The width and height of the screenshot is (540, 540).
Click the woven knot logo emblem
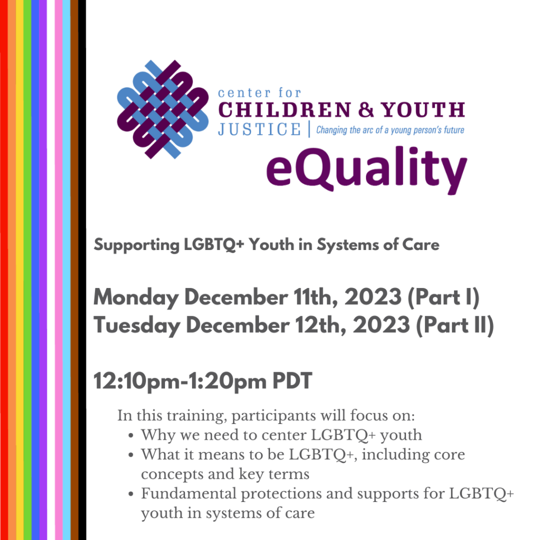click(162, 109)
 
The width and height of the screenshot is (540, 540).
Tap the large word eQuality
click(367, 170)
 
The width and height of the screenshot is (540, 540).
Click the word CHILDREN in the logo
click(284, 110)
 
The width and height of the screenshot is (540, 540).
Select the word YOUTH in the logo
click(423, 110)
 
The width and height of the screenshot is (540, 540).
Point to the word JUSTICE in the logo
click(259, 130)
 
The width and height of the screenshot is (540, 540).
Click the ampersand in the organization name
click(366, 110)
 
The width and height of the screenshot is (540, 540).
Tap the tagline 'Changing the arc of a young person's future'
click(390, 130)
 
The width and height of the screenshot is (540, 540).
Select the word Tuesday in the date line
click(137, 325)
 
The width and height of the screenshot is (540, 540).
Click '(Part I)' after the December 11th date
click(443, 297)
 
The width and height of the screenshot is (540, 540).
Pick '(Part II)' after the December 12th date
click(455, 325)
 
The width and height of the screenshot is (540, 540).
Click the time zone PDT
click(292, 381)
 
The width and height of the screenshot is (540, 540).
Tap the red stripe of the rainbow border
click(4, 270)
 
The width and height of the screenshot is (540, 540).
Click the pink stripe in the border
click(59, 270)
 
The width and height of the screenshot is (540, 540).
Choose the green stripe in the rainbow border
click(27, 270)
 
